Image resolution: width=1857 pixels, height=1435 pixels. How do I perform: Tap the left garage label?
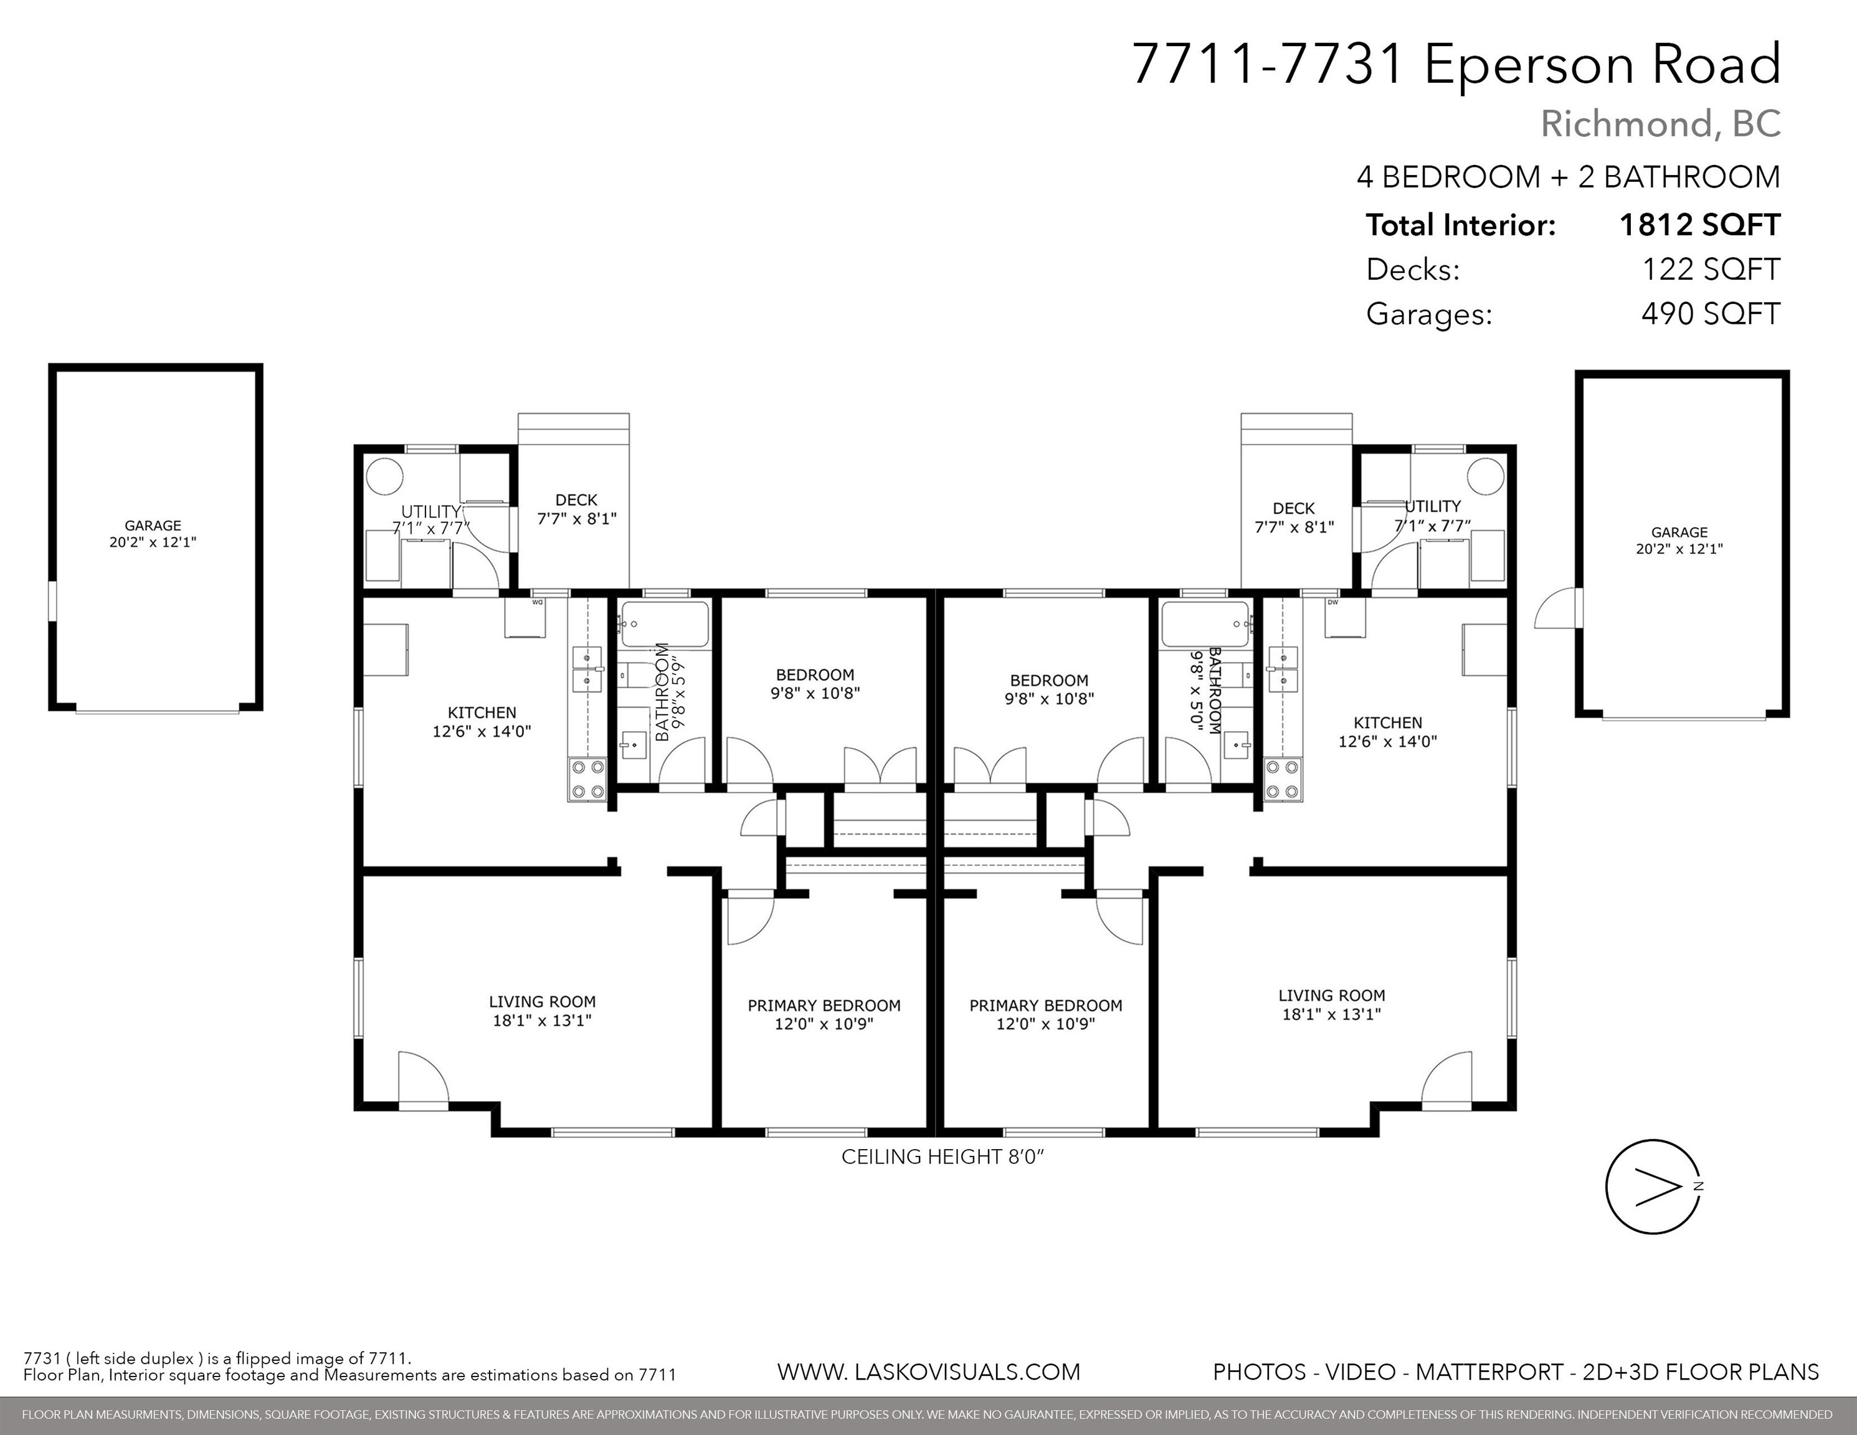point(153,526)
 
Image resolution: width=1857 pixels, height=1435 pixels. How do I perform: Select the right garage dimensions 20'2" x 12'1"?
point(1679,549)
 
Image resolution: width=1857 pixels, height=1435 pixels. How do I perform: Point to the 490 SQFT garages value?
point(1711,314)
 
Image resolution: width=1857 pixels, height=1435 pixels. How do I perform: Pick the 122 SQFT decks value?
point(1711,270)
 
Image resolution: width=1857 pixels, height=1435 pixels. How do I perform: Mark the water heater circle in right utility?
point(1486,476)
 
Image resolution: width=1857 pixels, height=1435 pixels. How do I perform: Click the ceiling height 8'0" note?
point(942,1157)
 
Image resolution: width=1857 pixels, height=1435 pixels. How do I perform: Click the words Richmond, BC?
point(1661,124)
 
